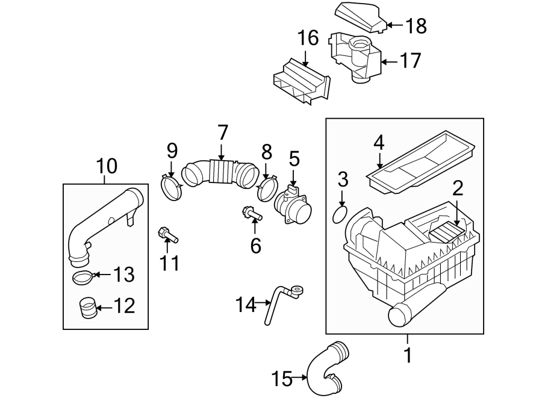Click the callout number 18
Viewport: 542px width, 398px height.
(416, 26)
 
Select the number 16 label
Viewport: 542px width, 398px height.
(307, 39)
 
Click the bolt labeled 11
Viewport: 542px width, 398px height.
(167, 235)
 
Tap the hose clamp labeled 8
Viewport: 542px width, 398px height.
(266, 188)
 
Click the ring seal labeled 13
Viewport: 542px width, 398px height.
(83, 277)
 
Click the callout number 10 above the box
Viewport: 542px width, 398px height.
(106, 165)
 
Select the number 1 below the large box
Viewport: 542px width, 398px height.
(408, 355)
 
